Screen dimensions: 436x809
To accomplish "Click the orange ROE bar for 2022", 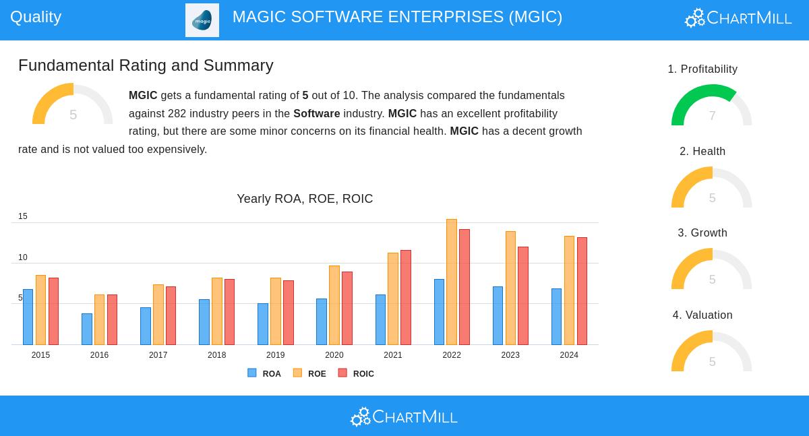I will (x=452, y=282).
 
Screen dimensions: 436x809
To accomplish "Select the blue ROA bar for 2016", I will (x=87, y=329).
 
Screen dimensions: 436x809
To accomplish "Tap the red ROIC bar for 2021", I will (x=406, y=297).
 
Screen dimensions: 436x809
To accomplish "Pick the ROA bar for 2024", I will (x=556, y=317).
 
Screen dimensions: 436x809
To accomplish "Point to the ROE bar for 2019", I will (x=276, y=311).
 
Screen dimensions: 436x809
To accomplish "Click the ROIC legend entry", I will (x=356, y=373).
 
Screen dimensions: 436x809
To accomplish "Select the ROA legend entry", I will (x=264, y=373).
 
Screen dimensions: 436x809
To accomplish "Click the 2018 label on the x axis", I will (x=216, y=355).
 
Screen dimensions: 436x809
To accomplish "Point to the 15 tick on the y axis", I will (x=23, y=216).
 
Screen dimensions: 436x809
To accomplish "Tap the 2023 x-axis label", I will (x=510, y=355).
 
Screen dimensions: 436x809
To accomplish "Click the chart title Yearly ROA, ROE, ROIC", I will (x=305, y=199).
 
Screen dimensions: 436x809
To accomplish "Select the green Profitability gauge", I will (x=711, y=106).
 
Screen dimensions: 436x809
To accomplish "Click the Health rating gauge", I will (x=711, y=188).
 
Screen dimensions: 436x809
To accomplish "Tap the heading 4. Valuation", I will (x=702, y=315).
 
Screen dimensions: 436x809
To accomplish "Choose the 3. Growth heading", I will (x=702, y=233).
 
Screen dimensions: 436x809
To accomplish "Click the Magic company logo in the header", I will (x=202, y=20).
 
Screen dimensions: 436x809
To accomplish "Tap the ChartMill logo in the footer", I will (x=404, y=417).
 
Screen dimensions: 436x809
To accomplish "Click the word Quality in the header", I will (x=36, y=17).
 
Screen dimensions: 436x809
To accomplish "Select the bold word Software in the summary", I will (x=316, y=113).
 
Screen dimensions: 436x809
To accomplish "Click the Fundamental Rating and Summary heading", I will (x=146, y=65).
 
